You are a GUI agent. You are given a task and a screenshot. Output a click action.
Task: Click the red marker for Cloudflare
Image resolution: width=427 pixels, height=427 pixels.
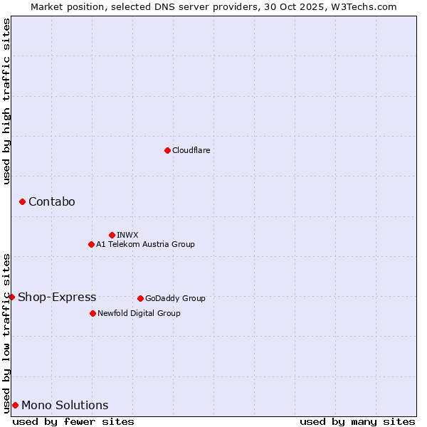tap(167, 150)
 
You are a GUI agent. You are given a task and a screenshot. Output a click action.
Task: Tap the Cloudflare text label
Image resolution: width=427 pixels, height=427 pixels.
tap(191, 150)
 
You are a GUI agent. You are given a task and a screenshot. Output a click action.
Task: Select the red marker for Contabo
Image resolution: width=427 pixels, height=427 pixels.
tap(22, 202)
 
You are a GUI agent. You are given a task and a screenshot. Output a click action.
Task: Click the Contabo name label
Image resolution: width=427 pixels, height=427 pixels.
tap(51, 202)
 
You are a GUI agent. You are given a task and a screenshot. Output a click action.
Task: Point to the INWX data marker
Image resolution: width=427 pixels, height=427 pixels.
tap(112, 235)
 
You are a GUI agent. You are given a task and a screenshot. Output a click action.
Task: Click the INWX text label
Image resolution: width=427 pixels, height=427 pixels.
tap(127, 235)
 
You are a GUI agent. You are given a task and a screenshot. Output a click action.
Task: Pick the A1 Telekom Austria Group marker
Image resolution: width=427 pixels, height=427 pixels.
tap(91, 244)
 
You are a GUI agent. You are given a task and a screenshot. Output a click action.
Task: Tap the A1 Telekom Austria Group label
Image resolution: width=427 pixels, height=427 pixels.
tap(145, 244)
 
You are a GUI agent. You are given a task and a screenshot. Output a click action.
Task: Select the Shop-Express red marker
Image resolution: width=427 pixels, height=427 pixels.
tap(11, 297)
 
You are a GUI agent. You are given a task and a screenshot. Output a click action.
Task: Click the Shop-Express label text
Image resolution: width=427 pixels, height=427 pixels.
tap(57, 297)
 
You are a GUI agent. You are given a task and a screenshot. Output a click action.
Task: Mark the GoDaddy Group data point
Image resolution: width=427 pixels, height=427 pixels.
tap(140, 298)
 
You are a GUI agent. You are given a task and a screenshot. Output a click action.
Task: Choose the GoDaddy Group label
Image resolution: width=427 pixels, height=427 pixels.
tap(175, 298)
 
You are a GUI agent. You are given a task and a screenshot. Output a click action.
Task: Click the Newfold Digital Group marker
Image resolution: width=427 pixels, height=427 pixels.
tap(93, 313)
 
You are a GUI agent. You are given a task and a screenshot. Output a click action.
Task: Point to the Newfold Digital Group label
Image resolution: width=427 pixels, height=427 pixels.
tap(139, 313)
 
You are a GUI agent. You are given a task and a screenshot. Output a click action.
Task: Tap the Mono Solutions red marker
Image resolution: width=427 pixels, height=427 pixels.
tap(15, 405)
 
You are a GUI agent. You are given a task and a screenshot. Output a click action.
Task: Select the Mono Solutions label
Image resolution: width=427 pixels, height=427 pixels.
tap(65, 406)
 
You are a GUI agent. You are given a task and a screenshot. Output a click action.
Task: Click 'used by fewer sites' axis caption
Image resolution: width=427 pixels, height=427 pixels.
tap(73, 421)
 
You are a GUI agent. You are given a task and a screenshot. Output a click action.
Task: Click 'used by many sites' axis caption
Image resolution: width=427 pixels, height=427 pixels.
tap(357, 421)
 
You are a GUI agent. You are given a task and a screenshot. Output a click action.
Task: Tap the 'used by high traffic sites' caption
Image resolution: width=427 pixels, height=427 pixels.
tap(6, 101)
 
